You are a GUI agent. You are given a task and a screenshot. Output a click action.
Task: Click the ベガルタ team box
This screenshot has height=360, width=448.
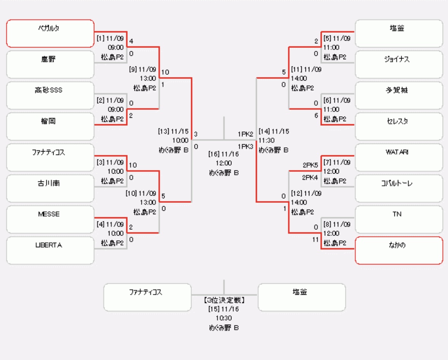[x=50, y=33]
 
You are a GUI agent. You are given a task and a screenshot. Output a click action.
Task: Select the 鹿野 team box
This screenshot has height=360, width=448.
[x=50, y=65]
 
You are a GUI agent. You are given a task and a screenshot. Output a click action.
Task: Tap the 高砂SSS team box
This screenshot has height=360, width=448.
[x=50, y=96]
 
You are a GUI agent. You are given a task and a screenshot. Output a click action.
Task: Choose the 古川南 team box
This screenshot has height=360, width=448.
[x=50, y=188]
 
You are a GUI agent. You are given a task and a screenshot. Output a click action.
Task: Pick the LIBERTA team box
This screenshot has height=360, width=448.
[x=50, y=251]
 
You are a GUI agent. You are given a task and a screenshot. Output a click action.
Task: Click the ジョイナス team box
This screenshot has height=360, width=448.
[x=399, y=65]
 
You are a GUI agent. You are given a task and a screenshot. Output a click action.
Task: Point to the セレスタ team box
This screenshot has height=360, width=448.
[x=399, y=126]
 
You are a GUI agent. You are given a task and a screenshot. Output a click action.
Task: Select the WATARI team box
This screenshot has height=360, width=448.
[x=399, y=158]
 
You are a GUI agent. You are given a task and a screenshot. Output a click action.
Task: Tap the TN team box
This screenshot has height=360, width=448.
[x=399, y=219]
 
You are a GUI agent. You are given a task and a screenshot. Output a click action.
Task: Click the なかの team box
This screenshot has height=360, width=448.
[x=399, y=250]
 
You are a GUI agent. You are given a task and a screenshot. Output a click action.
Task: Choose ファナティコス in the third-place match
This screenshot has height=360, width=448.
[x=147, y=297]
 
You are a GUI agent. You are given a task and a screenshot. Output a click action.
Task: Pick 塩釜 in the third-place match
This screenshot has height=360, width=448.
[x=302, y=297]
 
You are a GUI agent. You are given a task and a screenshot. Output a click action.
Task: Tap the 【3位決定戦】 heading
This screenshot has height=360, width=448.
[x=224, y=300]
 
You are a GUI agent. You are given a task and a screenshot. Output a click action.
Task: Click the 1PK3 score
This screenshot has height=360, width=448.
[x=245, y=146]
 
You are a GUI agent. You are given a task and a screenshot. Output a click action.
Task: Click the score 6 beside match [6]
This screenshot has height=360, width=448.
[x=316, y=115]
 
